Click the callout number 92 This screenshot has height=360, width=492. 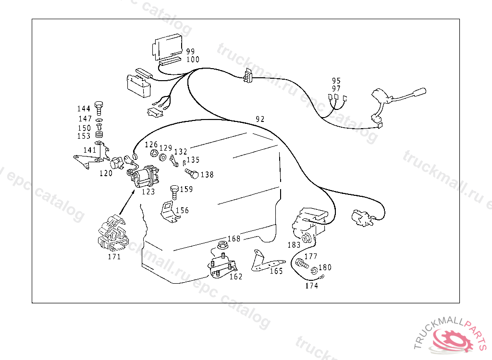tap(260, 119)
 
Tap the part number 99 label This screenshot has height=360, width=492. tap(191, 51)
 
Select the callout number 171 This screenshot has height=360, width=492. tap(114, 256)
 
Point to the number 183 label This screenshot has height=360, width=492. tap(294, 245)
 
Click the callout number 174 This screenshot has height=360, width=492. tap(311, 286)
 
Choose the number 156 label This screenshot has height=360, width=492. tap(182, 210)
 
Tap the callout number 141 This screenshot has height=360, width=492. tap(89, 150)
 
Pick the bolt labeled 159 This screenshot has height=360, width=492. tap(174, 191)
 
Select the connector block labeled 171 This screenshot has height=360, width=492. tap(113, 235)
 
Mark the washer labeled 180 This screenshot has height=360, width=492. tap(314, 270)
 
